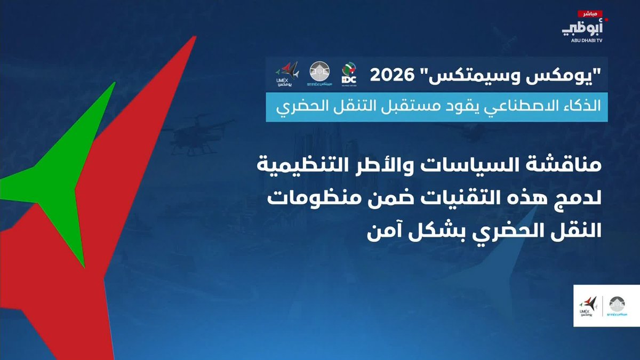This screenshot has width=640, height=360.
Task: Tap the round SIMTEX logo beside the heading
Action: tap(319, 74)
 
